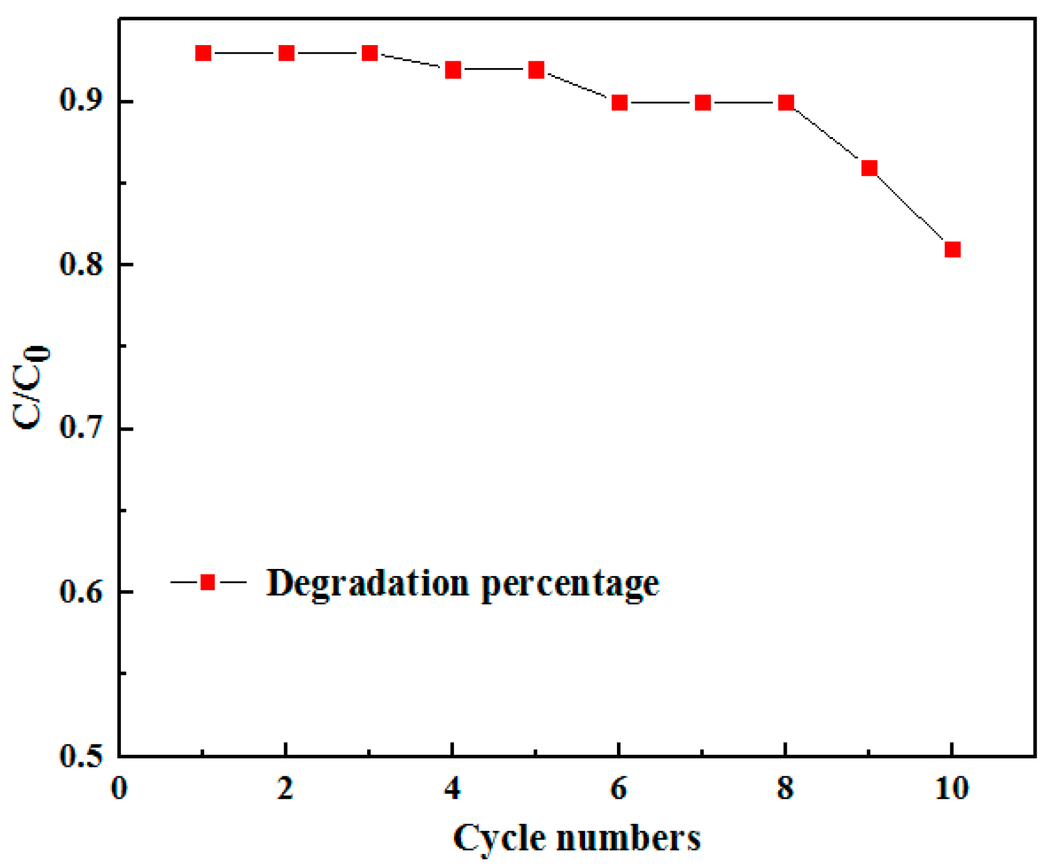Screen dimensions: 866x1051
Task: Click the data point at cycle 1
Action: [x=203, y=54]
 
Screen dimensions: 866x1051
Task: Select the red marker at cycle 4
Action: [x=453, y=70]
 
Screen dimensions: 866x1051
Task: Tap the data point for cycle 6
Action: [x=619, y=103]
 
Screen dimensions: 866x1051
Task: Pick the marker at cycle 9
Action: [x=869, y=168]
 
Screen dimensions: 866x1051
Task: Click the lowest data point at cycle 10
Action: [x=952, y=249]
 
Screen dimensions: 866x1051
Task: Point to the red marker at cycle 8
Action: [x=786, y=103]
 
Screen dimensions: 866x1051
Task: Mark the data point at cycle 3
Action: [x=370, y=54]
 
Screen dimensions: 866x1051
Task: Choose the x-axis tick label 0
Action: [x=119, y=788]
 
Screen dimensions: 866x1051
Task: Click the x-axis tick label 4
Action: [x=453, y=788]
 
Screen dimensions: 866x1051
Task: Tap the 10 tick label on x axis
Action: [x=952, y=788]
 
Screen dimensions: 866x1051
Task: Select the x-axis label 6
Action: [x=619, y=788]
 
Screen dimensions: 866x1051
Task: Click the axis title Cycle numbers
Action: [x=577, y=838]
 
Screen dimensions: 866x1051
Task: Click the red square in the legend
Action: [x=208, y=582]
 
